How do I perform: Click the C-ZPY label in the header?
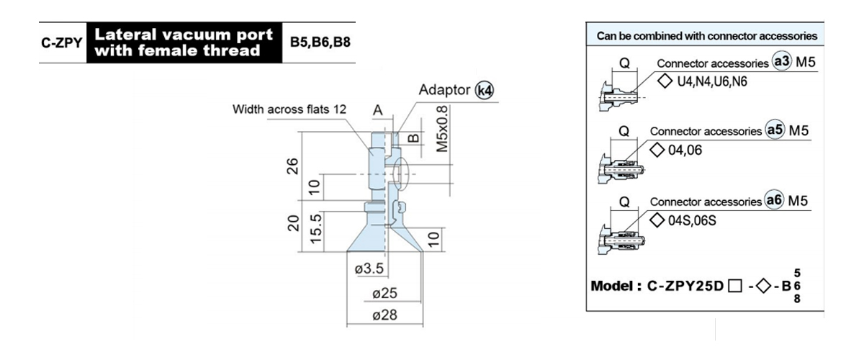pyautogui.click(x=62, y=42)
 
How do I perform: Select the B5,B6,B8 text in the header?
pyautogui.click(x=320, y=42)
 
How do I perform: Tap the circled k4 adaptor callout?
pyautogui.click(x=484, y=91)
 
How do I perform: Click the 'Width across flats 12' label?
pyautogui.click(x=289, y=109)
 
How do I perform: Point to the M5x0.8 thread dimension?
pyautogui.click(x=442, y=129)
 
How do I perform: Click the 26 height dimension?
pyautogui.click(x=293, y=166)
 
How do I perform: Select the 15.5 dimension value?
pyautogui.click(x=315, y=229)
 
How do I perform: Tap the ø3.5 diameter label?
pyautogui.click(x=369, y=269)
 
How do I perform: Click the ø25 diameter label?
pyautogui.click(x=384, y=293)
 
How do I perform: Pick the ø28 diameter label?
pyautogui.click(x=384, y=315)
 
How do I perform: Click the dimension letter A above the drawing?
pyautogui.click(x=378, y=110)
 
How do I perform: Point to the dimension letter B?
pyautogui.click(x=413, y=138)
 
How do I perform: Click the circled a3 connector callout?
pyautogui.click(x=782, y=61)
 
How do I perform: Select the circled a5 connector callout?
pyautogui.click(x=775, y=130)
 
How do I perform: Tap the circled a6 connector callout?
pyautogui.click(x=775, y=200)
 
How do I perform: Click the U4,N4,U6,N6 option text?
pyautogui.click(x=712, y=82)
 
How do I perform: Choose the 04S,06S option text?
pyautogui.click(x=692, y=221)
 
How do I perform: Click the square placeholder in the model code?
pyautogui.click(x=735, y=286)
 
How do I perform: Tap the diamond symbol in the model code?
pyautogui.click(x=764, y=286)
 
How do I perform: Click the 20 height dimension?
pyautogui.click(x=293, y=223)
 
